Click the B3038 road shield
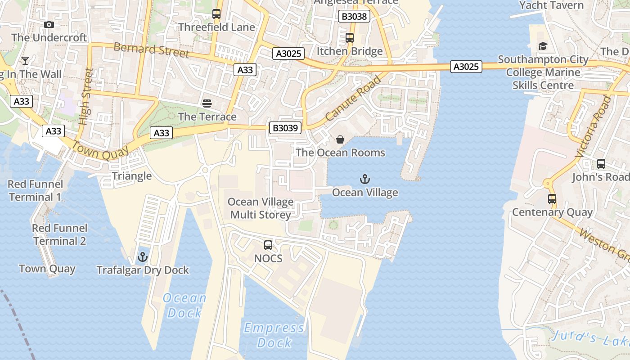(354, 17)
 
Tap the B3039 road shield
(285, 128)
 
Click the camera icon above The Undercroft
(49, 25)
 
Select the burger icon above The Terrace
(207, 103)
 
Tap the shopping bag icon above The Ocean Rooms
(340, 139)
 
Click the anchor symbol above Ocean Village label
(365, 180)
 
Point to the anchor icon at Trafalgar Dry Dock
(143, 257)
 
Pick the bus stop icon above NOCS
(268, 245)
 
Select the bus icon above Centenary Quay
(552, 199)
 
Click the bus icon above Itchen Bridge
(350, 38)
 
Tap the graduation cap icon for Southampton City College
(543, 46)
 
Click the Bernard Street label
(151, 50)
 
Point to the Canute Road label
(353, 99)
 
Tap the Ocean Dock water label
(184, 305)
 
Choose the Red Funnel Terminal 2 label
(59, 234)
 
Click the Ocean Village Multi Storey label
(261, 208)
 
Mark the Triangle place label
(131, 176)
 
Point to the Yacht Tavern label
(551, 5)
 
